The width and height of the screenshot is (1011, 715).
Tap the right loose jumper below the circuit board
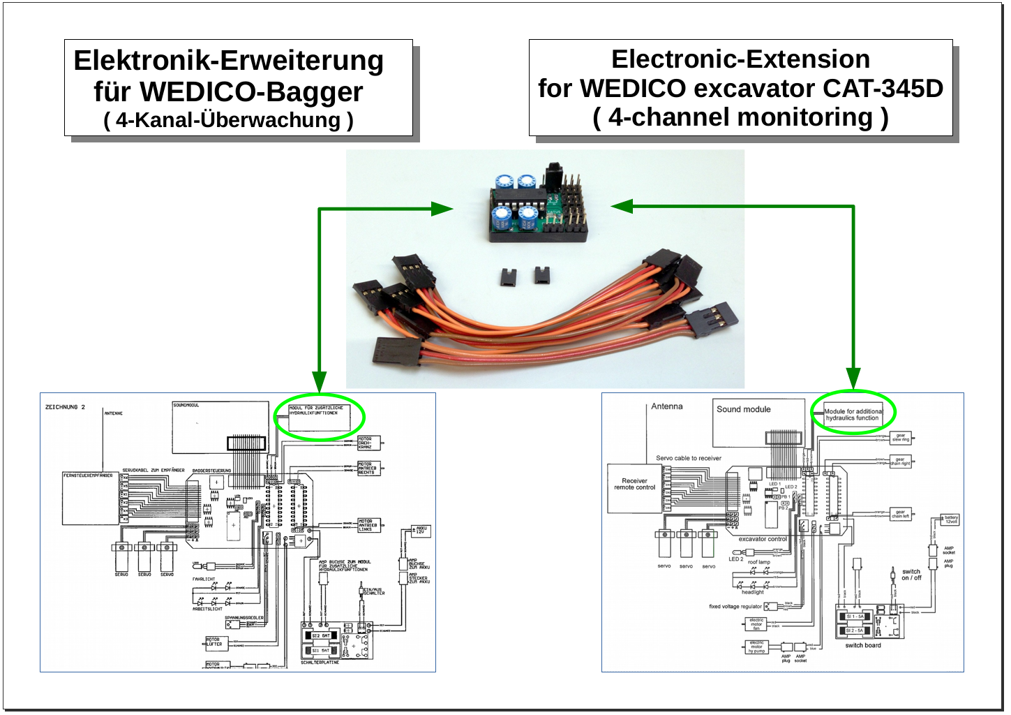(x=541, y=274)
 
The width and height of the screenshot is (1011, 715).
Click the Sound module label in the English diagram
(x=744, y=409)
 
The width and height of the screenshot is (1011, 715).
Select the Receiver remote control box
(x=634, y=487)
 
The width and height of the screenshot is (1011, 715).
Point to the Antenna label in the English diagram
(x=667, y=406)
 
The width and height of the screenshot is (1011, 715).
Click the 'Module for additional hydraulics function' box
(x=853, y=415)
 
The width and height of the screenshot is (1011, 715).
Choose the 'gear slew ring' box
(x=901, y=438)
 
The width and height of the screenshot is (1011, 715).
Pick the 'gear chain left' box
(x=900, y=514)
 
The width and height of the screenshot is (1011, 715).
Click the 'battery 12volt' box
(x=951, y=519)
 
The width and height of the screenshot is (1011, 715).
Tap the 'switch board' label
(x=863, y=645)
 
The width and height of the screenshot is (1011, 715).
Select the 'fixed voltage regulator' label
(x=735, y=606)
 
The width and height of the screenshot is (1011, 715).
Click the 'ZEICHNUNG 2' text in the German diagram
(x=65, y=407)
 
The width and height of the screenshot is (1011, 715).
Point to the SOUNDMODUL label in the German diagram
(x=186, y=405)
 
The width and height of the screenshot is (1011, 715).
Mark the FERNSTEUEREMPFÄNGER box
(x=89, y=498)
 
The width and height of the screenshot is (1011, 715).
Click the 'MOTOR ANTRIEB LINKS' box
(x=368, y=525)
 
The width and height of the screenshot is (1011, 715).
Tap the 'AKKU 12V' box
(x=421, y=531)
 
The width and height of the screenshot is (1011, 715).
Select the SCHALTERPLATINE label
(x=320, y=662)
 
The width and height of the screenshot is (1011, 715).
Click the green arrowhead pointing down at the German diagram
(x=319, y=382)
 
